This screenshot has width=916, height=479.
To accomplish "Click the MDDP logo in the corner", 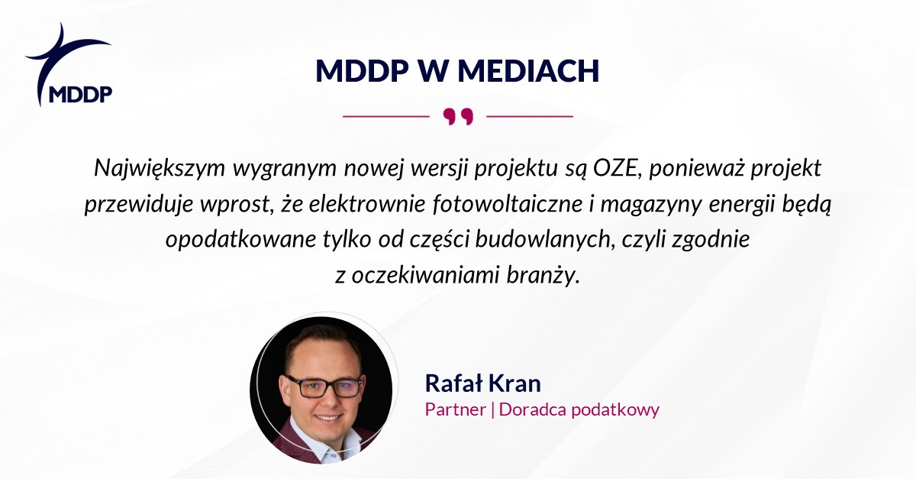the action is [69, 65].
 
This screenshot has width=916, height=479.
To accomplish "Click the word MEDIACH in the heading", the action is [528, 71].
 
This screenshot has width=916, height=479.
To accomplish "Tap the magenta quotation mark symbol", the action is [458, 117].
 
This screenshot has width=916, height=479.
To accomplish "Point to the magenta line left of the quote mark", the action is [386, 117].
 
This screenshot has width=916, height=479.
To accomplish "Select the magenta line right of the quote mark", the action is [530, 117].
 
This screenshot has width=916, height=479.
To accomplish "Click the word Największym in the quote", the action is [160, 168].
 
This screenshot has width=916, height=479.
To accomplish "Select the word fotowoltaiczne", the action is [508, 204].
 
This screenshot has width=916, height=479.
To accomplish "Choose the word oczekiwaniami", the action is [426, 276].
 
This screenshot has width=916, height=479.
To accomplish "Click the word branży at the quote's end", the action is [543, 276].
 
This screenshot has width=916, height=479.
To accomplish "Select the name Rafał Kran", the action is [483, 384].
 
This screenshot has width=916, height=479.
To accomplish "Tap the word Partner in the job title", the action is [456, 409].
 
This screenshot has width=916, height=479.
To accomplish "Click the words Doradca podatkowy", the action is [579, 409].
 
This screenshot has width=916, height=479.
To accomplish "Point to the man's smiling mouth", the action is [328, 418].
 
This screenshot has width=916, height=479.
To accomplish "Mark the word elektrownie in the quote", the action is [367, 204].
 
